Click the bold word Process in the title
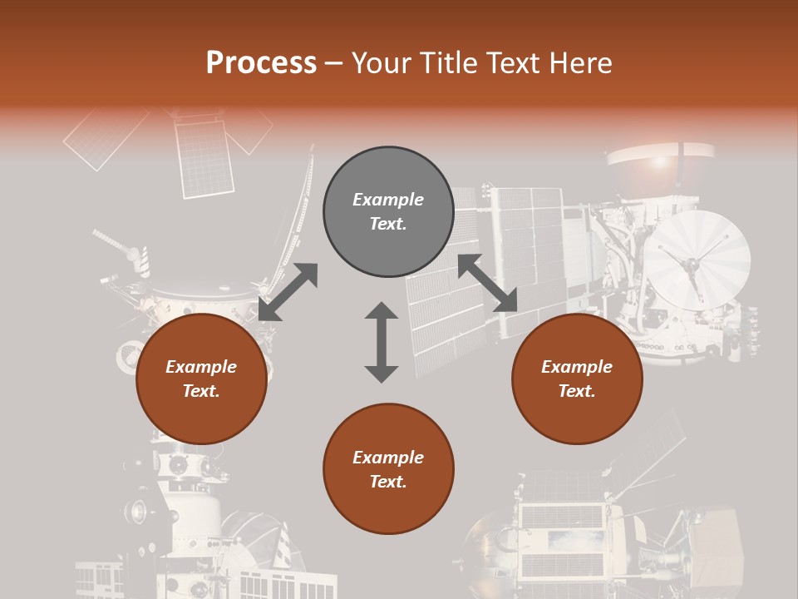[x=261, y=63]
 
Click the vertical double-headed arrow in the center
[x=382, y=342]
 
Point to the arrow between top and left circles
[x=288, y=291]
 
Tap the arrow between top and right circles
[x=487, y=283]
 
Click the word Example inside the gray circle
[x=388, y=200]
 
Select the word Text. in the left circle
[x=201, y=391]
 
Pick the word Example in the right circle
[x=577, y=367]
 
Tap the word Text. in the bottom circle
[x=388, y=482]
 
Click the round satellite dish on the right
[x=697, y=260]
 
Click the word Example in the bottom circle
[x=388, y=458]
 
